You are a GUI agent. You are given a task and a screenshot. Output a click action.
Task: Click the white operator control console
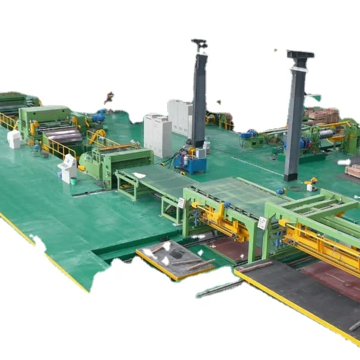click(68, 167)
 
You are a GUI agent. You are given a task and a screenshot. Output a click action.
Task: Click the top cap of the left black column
click(199, 44)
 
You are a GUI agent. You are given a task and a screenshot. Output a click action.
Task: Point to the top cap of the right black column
click(300, 55)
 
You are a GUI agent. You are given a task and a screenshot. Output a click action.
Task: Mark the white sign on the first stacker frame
click(181, 203)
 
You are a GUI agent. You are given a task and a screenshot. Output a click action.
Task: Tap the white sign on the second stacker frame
click(262, 223)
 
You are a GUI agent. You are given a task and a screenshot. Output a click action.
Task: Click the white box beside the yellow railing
click(14, 139)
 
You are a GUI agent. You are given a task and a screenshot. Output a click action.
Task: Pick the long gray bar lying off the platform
click(219, 289)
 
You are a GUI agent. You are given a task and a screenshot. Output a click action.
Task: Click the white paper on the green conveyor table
click(139, 175)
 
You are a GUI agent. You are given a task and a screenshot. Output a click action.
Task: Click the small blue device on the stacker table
click(280, 191)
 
